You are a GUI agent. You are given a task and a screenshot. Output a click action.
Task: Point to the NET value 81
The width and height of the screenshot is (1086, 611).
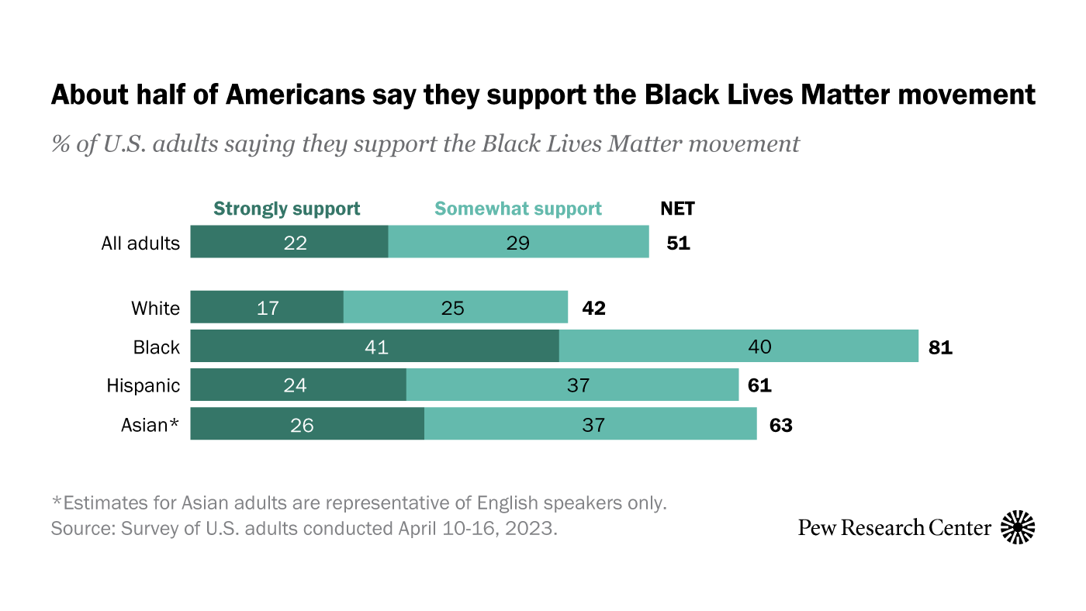tap(939, 347)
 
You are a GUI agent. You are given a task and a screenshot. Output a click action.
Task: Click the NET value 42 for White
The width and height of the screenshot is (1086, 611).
tap(593, 308)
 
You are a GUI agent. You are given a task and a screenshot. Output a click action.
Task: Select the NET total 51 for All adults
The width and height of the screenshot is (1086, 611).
tap(678, 243)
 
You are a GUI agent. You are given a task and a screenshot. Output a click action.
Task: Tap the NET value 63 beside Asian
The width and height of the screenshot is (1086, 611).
tap(780, 424)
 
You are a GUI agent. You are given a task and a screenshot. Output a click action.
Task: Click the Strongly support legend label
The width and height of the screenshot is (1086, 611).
tap(287, 209)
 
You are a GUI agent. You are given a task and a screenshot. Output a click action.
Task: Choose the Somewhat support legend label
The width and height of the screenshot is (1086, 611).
tap(518, 209)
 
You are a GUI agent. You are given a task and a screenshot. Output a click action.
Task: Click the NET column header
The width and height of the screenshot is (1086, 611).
tap(677, 209)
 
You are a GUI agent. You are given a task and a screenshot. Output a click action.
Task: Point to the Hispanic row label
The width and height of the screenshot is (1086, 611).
tap(144, 385)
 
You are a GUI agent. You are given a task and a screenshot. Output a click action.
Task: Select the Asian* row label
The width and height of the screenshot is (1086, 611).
tap(150, 424)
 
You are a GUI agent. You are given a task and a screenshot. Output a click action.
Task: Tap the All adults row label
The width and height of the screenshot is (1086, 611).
tap(140, 243)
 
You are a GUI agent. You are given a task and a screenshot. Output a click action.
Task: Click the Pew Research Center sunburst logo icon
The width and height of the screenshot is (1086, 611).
tap(1018, 527)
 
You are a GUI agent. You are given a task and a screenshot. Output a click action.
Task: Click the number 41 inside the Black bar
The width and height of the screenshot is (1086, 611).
tap(376, 347)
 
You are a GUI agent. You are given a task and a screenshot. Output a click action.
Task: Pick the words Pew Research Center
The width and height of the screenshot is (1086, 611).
tap(894, 528)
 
